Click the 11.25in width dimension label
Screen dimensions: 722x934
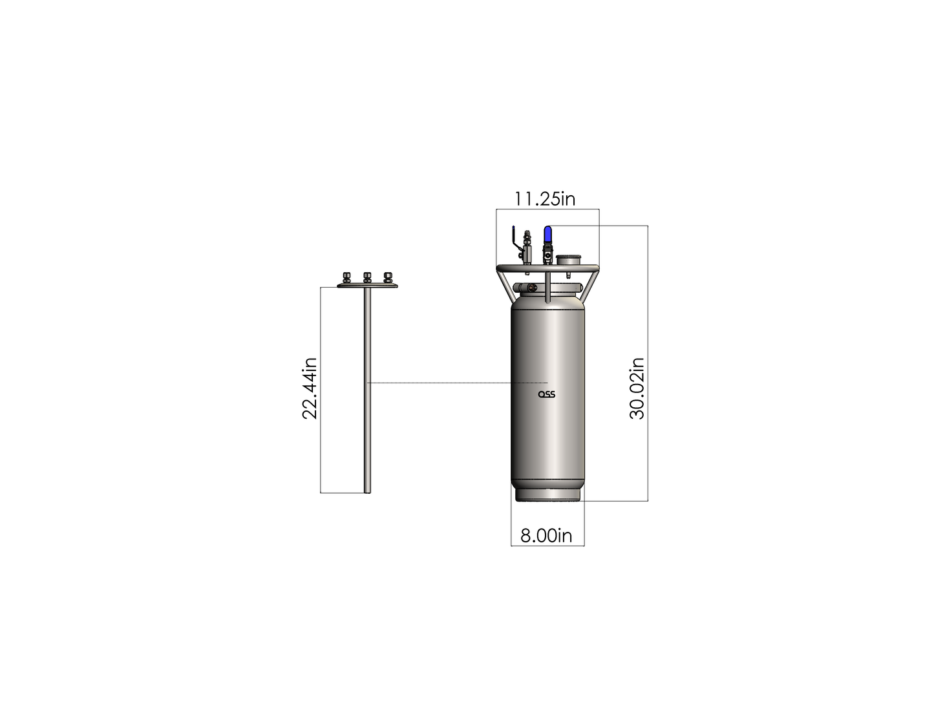point(544,198)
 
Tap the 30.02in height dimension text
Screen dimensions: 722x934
point(637,388)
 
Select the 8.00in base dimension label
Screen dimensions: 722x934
point(546,536)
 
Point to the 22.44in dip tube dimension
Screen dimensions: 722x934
point(310,388)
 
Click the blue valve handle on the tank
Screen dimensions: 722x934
point(547,234)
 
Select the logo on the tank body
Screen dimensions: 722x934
point(547,394)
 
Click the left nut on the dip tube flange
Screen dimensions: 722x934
point(346,278)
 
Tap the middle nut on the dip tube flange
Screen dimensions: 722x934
point(367,278)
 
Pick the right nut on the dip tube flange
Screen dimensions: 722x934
point(388,278)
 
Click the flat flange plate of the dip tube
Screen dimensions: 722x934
point(367,286)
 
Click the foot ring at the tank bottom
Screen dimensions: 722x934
point(547,495)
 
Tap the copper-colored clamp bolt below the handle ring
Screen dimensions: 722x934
point(531,288)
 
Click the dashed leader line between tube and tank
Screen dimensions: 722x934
point(452,383)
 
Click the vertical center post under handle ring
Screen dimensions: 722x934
point(547,288)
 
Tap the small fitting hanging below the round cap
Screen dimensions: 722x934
point(568,274)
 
